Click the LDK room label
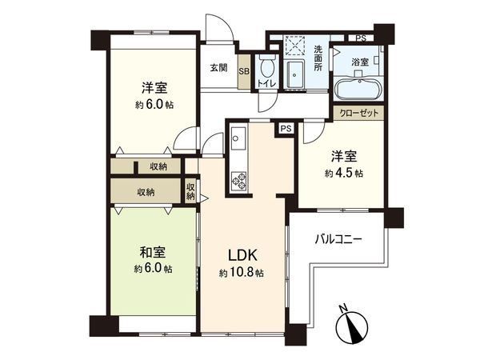[x=242, y=256]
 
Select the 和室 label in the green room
[x=151, y=252]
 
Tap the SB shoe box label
[x=245, y=70]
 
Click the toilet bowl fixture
[x=266, y=62]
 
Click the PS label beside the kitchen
[x=285, y=127]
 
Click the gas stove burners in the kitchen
[x=239, y=181]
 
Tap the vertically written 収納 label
[x=190, y=191]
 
